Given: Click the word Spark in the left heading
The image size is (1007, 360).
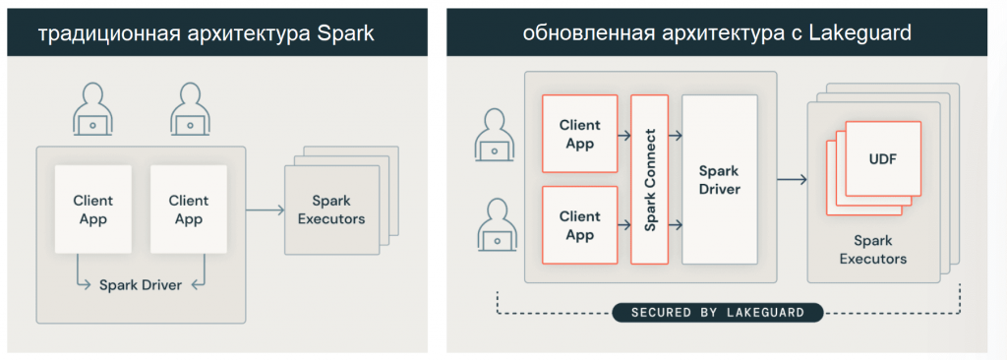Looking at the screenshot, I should pos(347,31).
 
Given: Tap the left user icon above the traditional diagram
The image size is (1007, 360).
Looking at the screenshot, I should pos(93,109).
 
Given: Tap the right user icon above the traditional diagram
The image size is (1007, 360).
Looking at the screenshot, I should pos(188,109).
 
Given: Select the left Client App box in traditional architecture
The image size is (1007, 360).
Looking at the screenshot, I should pos(92,210).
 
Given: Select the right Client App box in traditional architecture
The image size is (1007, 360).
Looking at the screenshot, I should pos(188,210).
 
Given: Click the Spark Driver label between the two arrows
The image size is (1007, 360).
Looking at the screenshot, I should pos(140,285).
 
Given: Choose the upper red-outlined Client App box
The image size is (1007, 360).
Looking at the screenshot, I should pos(580,135).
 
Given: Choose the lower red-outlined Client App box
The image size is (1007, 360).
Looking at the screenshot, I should pos(580,225).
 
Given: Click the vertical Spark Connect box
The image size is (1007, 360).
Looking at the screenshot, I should pos(649,179).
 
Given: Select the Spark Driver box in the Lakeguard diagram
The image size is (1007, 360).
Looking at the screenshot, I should pos(719,179).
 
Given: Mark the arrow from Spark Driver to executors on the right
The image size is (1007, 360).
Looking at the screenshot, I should pos(791,179).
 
